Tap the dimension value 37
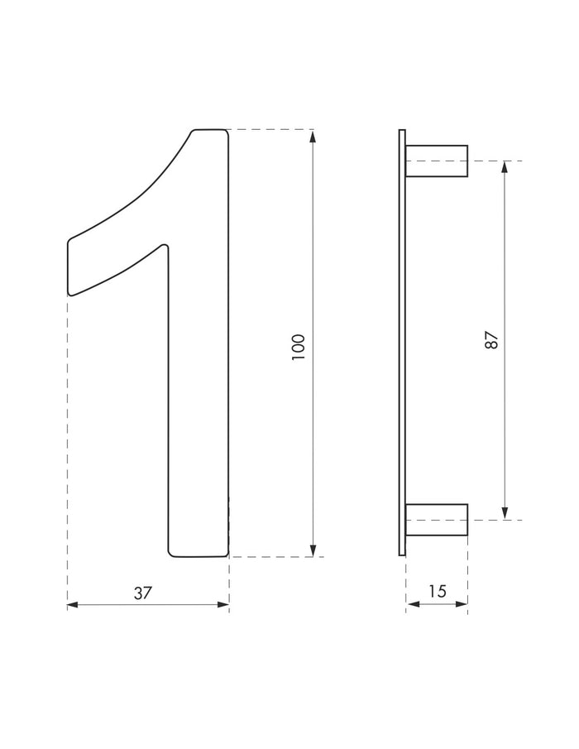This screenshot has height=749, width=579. click(143, 592)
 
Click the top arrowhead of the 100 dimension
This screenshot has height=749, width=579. click(313, 136)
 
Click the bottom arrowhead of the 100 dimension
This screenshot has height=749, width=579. click(313, 550)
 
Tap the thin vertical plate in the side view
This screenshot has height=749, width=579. click(402, 343)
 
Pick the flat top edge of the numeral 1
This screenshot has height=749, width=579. click(210, 130)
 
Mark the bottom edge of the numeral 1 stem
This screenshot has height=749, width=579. click(199, 556)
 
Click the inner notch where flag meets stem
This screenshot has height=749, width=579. click(165, 246)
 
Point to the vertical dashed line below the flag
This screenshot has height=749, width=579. click(67, 447)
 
